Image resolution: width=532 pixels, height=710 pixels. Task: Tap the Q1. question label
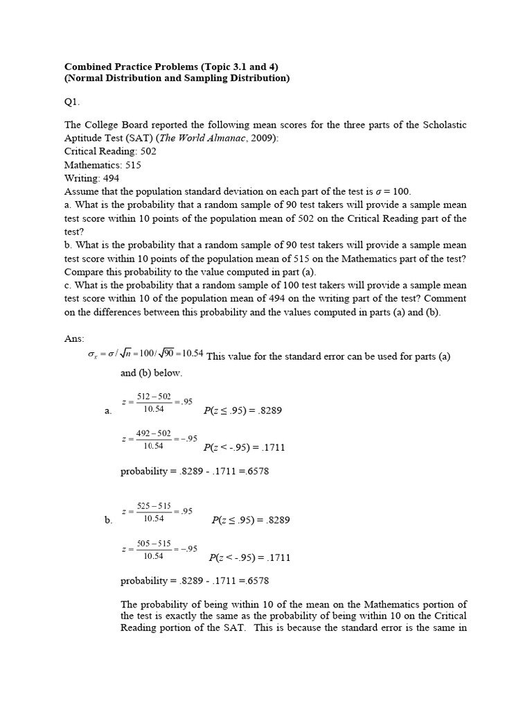[x=72, y=102]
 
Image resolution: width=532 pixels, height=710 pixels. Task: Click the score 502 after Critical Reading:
[x=148, y=150]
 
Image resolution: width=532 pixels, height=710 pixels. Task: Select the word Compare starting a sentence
[x=86, y=271]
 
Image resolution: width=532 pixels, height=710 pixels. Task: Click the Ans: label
[x=73, y=338]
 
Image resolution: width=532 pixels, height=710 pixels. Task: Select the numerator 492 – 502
[x=153, y=433]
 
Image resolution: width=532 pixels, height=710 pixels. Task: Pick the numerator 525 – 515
[x=154, y=506]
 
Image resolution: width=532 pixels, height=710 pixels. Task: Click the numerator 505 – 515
[x=154, y=543]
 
